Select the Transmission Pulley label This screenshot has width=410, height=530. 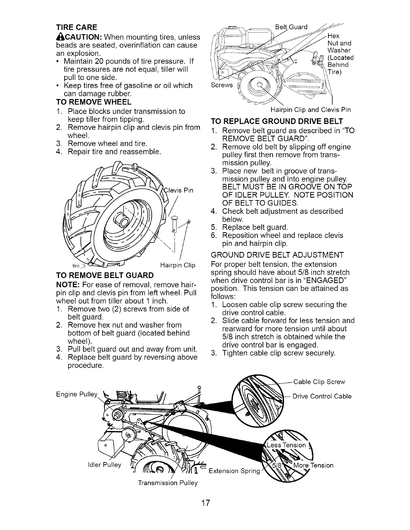(168, 483)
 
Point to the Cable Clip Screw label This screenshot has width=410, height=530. (319, 382)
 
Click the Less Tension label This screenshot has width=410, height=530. (286, 445)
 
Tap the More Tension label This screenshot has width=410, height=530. (314, 465)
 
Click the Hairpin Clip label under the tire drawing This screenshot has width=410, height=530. (178, 266)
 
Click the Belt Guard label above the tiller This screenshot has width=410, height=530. (291, 27)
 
